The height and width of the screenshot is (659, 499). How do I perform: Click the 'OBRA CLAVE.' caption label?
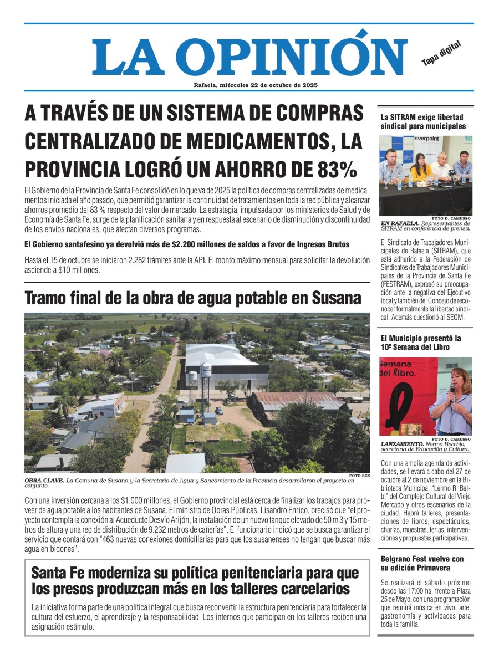tap(44, 480)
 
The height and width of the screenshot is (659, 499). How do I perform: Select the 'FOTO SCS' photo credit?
tap(359, 476)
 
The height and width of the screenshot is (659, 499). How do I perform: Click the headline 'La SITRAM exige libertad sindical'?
tap(422, 121)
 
